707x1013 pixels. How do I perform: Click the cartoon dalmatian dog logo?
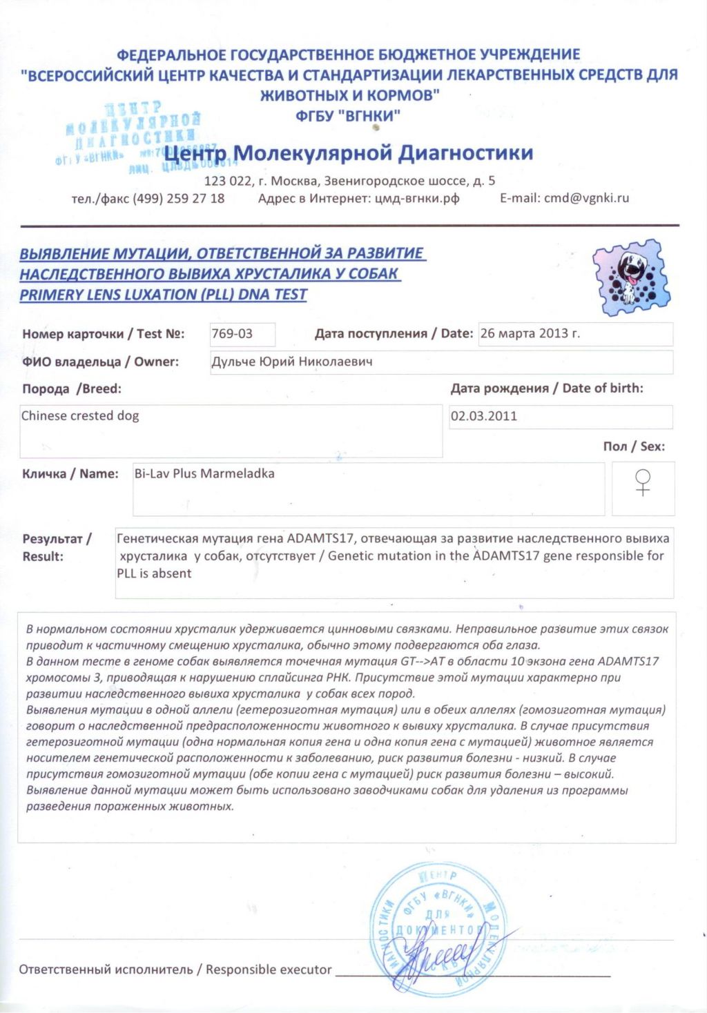pos(630,277)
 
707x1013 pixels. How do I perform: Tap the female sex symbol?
pos(643,482)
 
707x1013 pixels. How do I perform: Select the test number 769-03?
pos(232,334)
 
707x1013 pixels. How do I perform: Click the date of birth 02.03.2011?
pos(483,416)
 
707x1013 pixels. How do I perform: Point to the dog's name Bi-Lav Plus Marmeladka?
pos(204,473)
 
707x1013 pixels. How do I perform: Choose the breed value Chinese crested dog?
pos(80,415)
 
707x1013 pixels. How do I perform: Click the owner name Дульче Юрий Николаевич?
pos(291,362)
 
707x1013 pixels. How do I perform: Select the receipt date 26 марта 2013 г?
pos(530,333)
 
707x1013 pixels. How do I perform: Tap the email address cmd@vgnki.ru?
pos(586,198)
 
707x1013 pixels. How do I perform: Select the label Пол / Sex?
pos(634,446)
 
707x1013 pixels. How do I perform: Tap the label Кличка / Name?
pos(70,474)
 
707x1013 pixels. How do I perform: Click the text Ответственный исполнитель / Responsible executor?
pos(175,970)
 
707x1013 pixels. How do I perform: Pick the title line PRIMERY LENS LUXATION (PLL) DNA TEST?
pos(163,295)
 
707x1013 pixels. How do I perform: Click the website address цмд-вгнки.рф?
pos(417,198)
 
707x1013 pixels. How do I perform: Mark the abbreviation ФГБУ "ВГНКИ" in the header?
pos(347,115)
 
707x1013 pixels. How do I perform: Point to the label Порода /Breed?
pos(72,389)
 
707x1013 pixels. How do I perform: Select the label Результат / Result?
pos(57,547)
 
